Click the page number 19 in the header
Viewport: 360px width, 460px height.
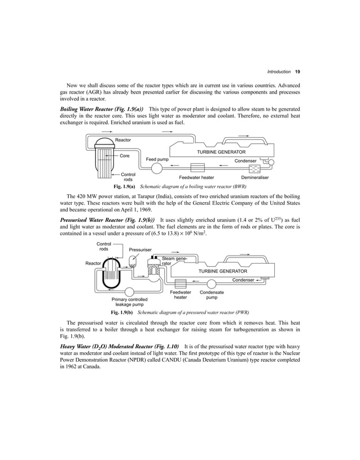pos(297,72)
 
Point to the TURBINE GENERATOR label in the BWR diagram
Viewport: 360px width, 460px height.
pos(221,152)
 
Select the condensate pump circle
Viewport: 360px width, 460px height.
pos(213,283)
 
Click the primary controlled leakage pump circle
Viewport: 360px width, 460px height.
pos(129,292)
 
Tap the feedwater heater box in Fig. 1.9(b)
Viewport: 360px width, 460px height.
pos(181,283)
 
